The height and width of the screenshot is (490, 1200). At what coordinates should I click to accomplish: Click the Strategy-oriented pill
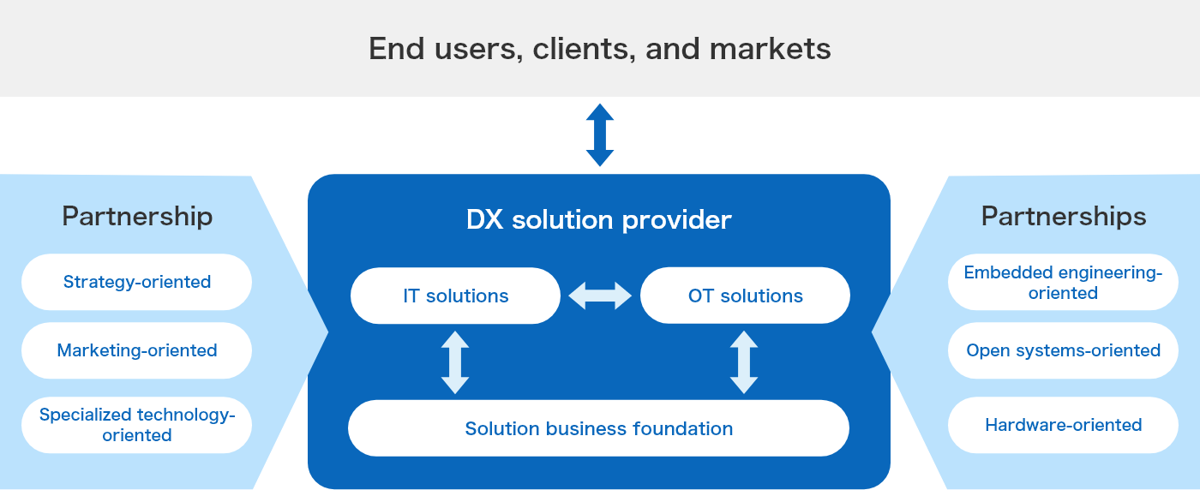click(x=136, y=282)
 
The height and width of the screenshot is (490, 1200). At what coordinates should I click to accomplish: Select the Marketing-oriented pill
click(x=136, y=350)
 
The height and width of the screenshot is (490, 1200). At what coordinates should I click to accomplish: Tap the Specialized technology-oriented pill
click(x=136, y=425)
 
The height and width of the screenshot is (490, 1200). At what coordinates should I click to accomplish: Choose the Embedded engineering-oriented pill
click(x=1063, y=282)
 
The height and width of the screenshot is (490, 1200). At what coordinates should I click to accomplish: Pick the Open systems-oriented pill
click(x=1063, y=350)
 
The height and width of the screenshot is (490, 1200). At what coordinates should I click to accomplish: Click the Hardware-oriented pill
click(x=1063, y=425)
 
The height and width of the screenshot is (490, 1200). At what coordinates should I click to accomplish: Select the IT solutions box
click(x=455, y=296)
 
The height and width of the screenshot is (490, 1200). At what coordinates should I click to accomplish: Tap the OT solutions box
click(x=745, y=296)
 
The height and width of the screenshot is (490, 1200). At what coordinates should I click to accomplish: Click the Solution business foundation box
click(x=598, y=428)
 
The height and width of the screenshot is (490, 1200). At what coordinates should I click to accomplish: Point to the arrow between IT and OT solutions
click(x=600, y=296)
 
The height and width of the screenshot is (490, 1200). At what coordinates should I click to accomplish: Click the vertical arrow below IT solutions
click(x=455, y=362)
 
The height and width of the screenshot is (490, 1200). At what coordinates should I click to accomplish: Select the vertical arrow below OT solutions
click(x=744, y=362)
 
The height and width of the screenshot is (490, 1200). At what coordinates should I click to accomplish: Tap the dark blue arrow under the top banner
click(x=600, y=134)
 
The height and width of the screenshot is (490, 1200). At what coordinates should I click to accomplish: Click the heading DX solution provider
click(x=598, y=220)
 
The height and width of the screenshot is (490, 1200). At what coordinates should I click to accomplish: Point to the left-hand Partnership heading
click(x=136, y=217)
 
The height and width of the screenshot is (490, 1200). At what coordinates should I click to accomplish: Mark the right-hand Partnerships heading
click(x=1063, y=217)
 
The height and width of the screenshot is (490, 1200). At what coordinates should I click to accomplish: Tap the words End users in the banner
click(x=443, y=49)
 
